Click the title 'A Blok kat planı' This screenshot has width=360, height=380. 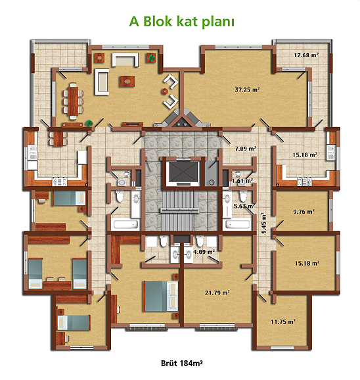click(x=181, y=22)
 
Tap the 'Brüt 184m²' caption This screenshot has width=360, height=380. click(x=182, y=364)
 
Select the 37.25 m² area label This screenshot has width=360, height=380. click(x=247, y=89)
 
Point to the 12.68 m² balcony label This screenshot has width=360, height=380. click(x=306, y=55)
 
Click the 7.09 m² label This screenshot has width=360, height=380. click(x=245, y=149)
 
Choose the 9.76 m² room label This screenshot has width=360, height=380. click(x=304, y=212)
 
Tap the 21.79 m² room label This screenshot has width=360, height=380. click(x=217, y=293)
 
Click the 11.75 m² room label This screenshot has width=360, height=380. click(x=283, y=322)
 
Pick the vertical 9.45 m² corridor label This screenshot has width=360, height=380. click(x=263, y=223)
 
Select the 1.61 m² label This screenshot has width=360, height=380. click(x=242, y=181)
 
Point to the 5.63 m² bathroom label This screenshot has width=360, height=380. click(x=244, y=206)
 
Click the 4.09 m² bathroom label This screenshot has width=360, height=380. click(x=204, y=252)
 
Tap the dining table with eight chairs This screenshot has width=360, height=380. click(x=73, y=101)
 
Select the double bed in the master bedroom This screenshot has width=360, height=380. click(x=161, y=296)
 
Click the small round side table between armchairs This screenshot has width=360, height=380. click(x=165, y=91)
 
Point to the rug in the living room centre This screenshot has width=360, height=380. click(x=127, y=81)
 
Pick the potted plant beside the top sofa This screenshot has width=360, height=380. click(x=151, y=58)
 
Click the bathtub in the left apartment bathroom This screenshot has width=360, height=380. click(x=125, y=224)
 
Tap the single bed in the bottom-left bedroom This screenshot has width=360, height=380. click(x=74, y=323)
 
